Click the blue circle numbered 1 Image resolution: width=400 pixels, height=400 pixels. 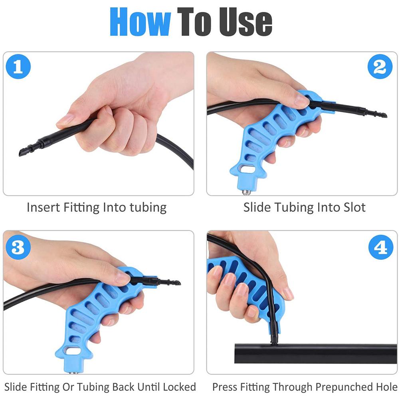18,67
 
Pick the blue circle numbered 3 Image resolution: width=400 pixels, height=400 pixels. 18,247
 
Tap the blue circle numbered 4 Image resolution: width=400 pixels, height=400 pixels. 380,247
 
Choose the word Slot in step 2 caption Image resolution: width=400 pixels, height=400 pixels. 352,208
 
